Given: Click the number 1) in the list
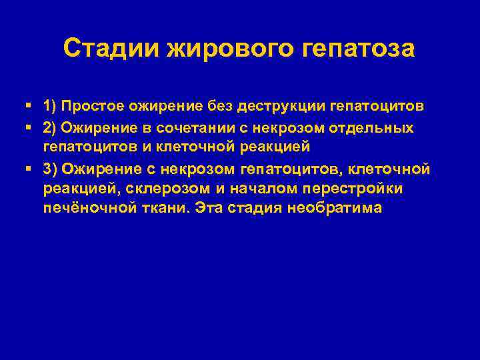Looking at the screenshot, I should (51, 107).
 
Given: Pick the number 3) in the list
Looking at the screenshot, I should (51, 169).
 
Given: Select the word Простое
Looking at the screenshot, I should (95, 107).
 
